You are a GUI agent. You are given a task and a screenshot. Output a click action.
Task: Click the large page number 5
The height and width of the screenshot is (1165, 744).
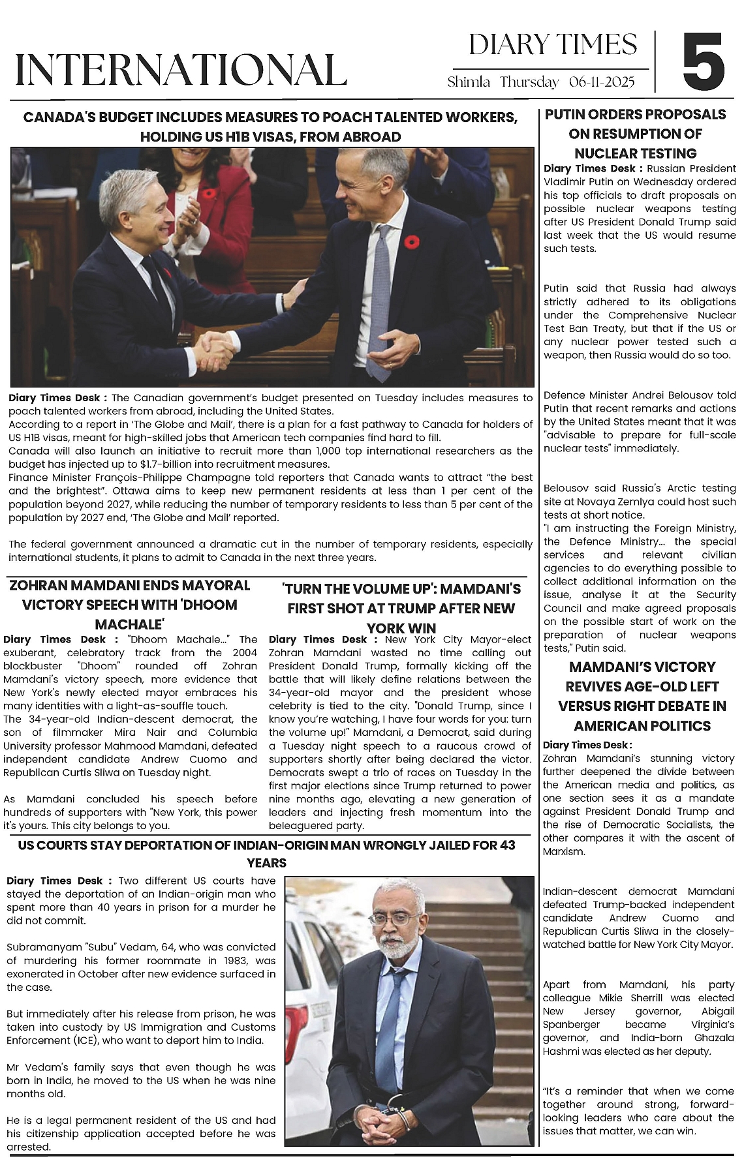point(704,63)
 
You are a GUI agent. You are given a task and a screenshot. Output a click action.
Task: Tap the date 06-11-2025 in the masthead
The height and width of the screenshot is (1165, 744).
point(601,82)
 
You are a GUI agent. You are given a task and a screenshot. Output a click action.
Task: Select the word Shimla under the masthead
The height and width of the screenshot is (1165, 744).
point(469,82)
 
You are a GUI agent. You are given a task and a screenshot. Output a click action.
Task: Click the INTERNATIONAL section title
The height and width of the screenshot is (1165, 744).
point(181,70)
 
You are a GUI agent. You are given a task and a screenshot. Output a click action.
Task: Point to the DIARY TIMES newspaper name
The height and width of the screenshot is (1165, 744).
point(553,45)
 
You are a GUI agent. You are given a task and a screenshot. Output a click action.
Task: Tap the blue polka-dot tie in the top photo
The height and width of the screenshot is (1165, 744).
point(381,307)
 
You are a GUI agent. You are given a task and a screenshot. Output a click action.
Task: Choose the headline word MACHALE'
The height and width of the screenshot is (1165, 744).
point(129,624)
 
